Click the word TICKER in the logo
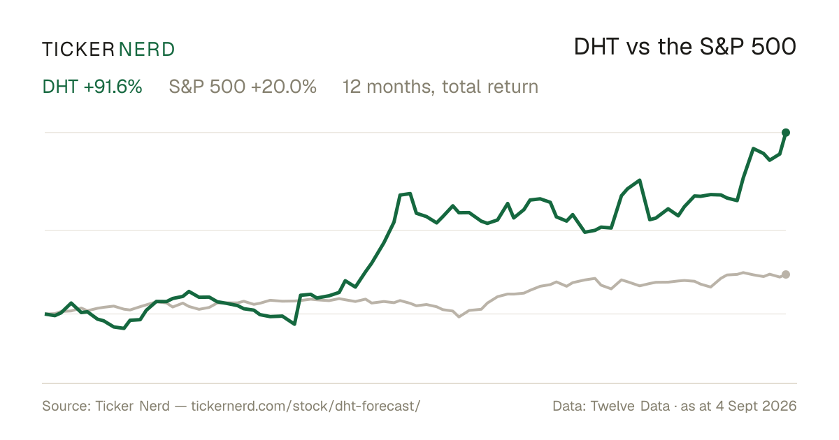(x=78, y=50)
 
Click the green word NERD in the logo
(x=146, y=50)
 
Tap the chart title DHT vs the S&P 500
(x=685, y=47)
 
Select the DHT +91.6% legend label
(x=92, y=87)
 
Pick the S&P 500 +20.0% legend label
(x=243, y=87)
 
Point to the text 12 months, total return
(x=440, y=87)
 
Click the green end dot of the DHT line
(x=786, y=133)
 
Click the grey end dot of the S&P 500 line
(x=786, y=274)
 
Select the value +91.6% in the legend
(x=113, y=87)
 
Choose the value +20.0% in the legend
(x=284, y=87)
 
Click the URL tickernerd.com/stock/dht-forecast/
(x=306, y=406)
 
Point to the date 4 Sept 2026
(x=756, y=406)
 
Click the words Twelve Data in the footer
(x=630, y=406)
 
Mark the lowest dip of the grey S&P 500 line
(x=459, y=317)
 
